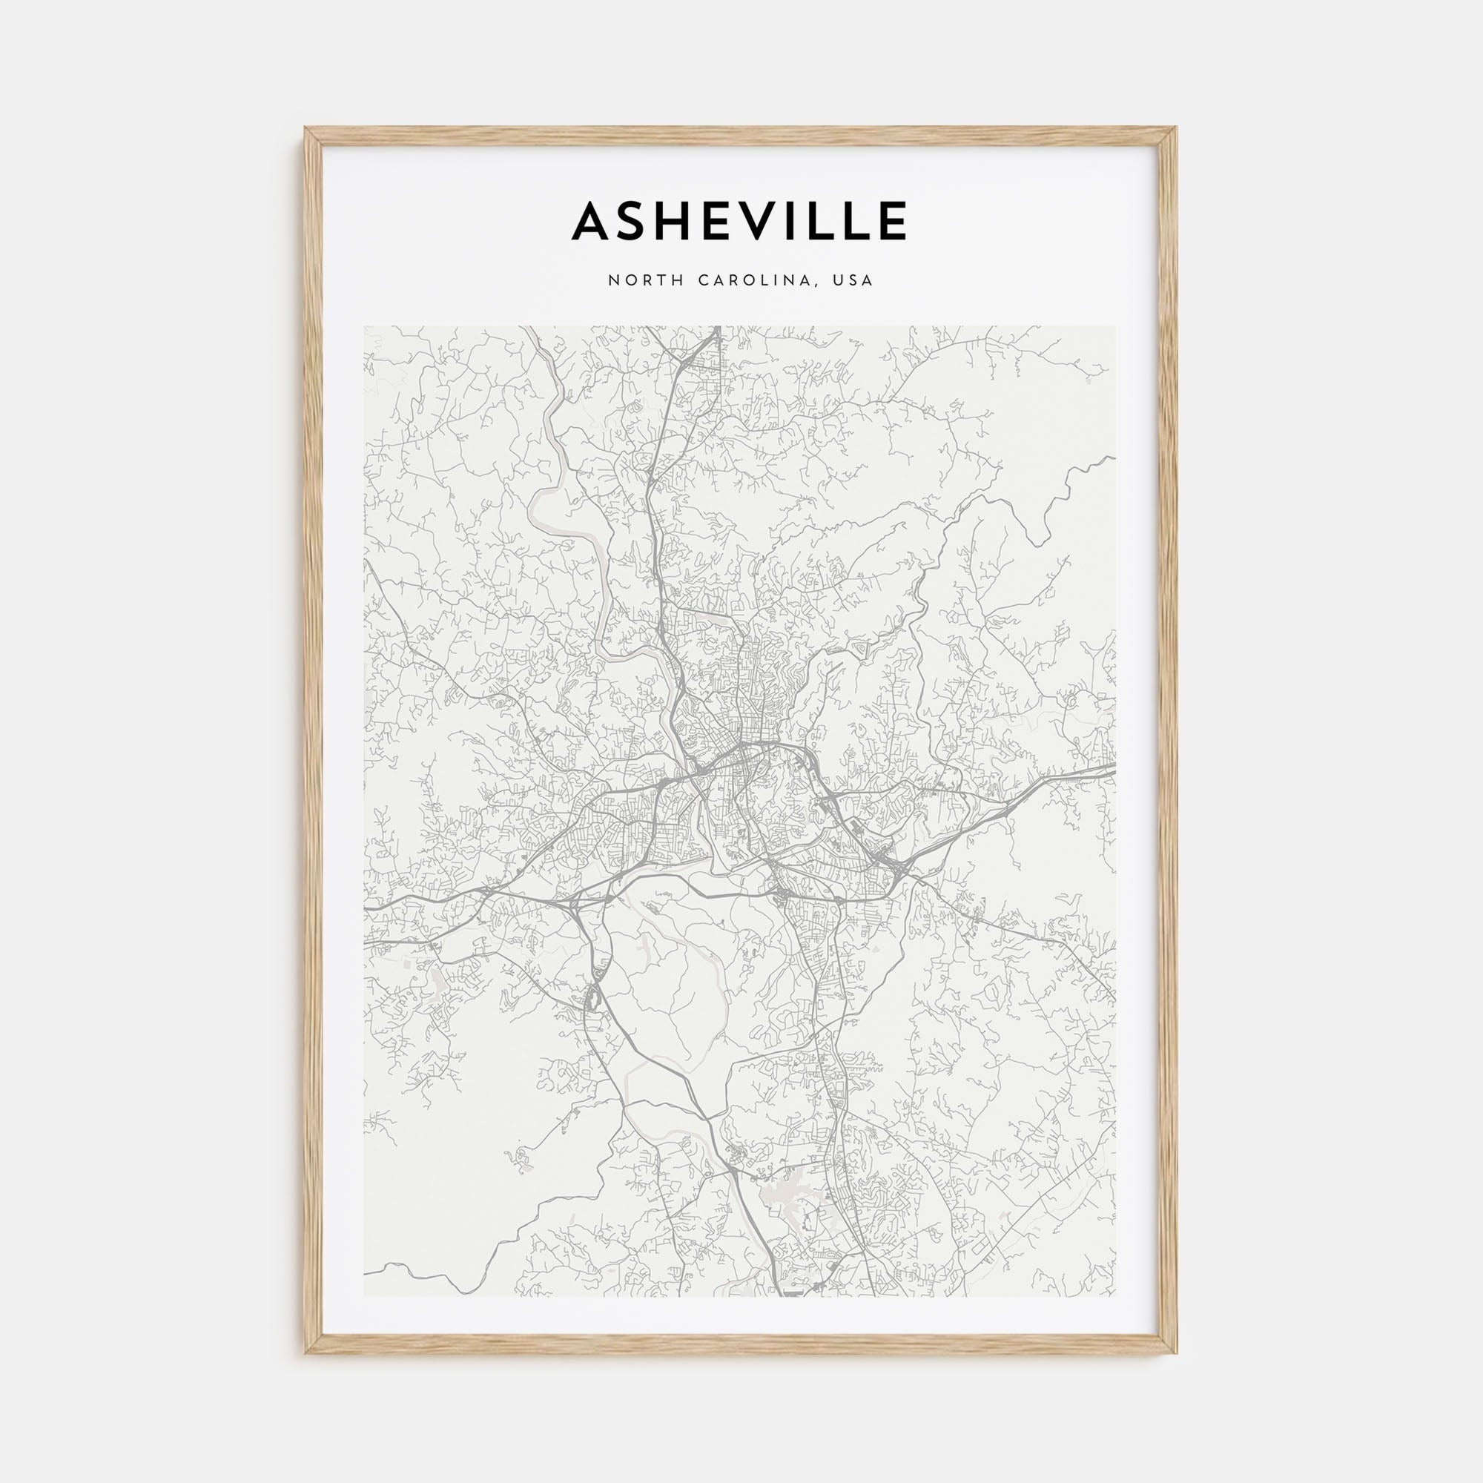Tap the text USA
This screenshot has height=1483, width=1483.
pos(856,281)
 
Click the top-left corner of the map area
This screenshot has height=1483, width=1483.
pos(365,326)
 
